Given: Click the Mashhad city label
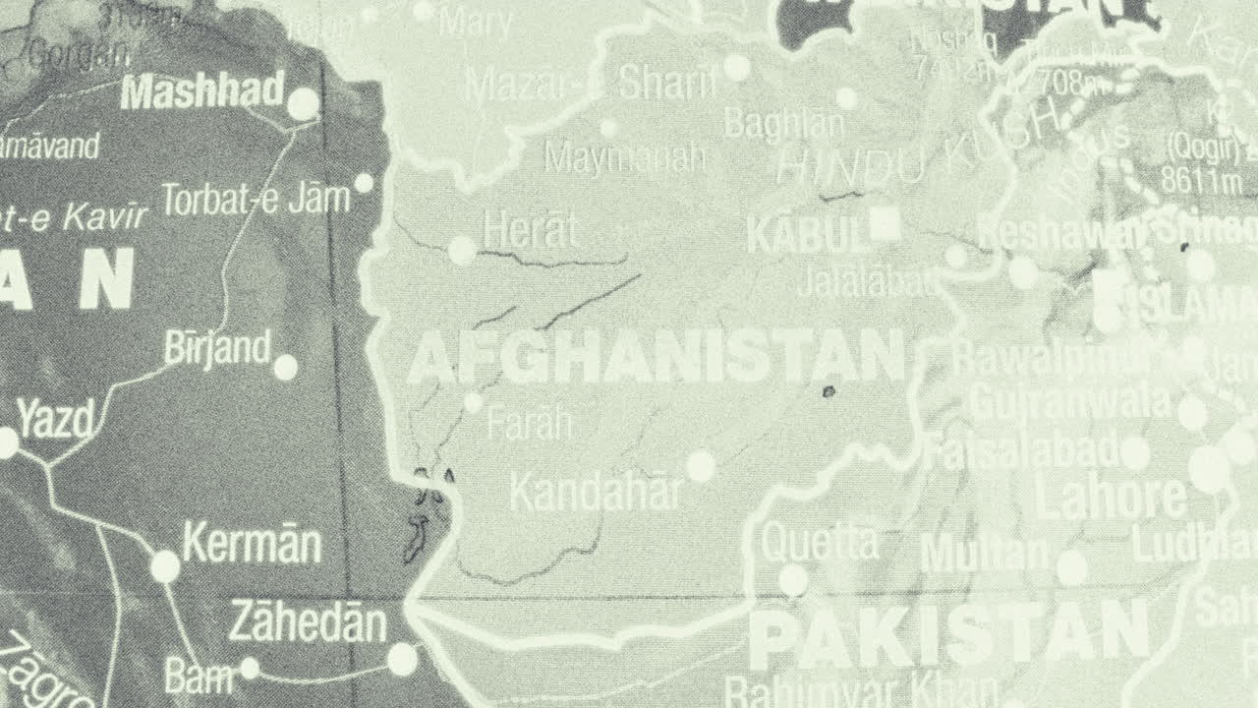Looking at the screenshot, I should [202, 92].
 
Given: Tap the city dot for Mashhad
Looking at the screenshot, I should [304, 104].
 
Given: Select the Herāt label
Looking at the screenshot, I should [531, 231].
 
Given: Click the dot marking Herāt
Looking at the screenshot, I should [462, 250].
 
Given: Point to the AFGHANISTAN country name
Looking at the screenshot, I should [656, 357].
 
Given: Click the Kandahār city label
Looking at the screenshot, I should [596, 492].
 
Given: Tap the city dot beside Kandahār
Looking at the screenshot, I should [700, 466].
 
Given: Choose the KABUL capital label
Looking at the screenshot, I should [808, 235].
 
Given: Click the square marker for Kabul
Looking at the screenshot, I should [886, 224].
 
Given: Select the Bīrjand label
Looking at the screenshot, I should [217, 348].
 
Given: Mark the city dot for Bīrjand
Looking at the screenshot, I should [285, 368].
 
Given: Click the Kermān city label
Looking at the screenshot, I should [252, 544].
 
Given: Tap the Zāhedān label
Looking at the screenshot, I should [308, 623].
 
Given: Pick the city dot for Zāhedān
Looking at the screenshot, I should [402, 659].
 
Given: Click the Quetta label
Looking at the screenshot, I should [821, 542].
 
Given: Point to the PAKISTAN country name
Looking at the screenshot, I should [949, 632].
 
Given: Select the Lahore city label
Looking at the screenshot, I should [1111, 498].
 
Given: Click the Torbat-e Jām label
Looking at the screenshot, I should [256, 200].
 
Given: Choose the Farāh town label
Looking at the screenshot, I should [530, 424].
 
